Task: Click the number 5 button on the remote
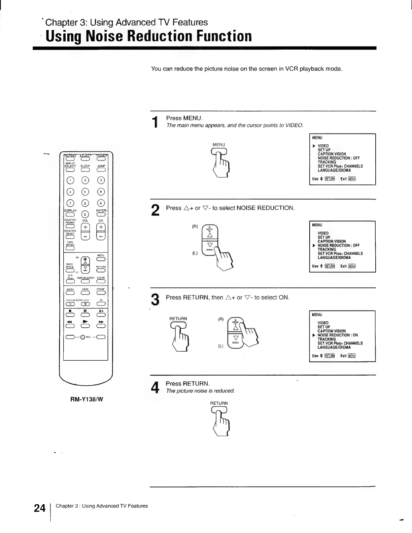pos(85,192)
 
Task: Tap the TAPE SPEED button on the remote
pos(70,249)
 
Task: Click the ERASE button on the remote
pos(101,293)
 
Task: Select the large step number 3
pos(155,300)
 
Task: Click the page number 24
pos(39,508)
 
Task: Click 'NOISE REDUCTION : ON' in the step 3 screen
pos(338,335)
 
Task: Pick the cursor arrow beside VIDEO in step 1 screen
pos(314,146)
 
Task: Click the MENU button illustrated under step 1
pos(219,151)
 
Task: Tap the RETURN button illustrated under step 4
pos(219,410)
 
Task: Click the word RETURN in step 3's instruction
pos(196,297)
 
